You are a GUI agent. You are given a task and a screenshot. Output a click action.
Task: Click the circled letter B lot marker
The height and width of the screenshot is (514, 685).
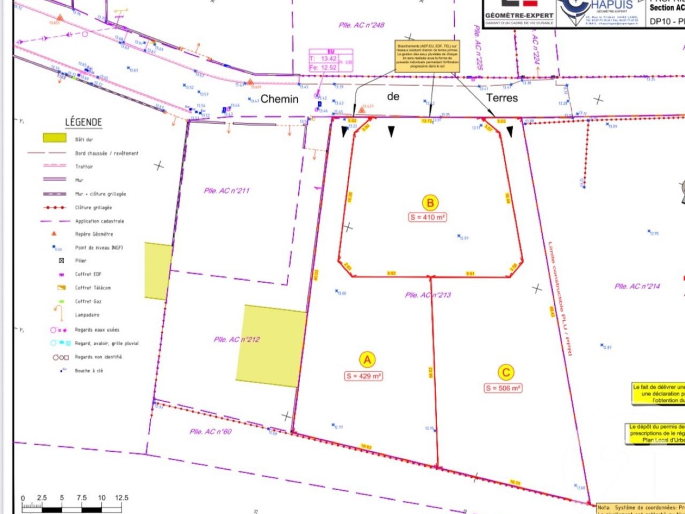point(430,203)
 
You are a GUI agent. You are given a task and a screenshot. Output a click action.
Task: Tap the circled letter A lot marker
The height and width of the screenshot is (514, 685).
point(367,360)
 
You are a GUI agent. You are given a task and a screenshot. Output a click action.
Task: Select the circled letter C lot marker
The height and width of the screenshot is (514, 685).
point(506,373)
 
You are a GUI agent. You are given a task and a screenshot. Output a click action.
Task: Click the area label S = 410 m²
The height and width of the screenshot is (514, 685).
point(428,217)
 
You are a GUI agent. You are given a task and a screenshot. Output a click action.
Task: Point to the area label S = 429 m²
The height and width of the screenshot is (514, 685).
point(364,376)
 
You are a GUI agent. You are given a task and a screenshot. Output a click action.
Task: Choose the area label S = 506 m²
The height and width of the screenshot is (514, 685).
point(503,388)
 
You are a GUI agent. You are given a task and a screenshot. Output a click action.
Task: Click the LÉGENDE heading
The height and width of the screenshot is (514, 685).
point(84,122)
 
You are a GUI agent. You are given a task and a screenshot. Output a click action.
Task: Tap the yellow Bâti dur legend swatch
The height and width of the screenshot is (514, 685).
point(55,138)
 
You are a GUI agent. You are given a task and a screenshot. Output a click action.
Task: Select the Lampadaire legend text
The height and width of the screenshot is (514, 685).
point(87,315)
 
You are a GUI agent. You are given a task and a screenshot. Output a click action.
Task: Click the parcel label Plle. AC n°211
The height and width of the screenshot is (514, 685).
point(226,191)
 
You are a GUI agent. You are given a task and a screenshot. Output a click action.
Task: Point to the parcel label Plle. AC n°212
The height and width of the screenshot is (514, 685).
point(236,339)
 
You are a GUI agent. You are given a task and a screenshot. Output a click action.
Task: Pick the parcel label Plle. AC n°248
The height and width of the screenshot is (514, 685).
point(361,25)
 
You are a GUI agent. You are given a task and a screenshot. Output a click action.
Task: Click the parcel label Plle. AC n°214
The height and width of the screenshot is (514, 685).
point(637,286)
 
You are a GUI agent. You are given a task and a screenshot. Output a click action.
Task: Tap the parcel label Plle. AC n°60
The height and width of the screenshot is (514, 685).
point(210,432)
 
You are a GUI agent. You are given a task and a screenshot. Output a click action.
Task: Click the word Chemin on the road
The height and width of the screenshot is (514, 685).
point(280,99)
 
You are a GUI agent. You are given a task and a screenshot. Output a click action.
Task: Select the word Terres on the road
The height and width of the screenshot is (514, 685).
point(502,98)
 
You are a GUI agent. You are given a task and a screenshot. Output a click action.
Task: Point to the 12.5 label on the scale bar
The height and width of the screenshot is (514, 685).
point(121,498)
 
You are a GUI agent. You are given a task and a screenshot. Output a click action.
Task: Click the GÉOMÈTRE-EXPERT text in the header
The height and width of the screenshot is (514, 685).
point(519,16)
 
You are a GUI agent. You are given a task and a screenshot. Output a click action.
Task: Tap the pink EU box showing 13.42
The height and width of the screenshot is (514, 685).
point(331,60)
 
